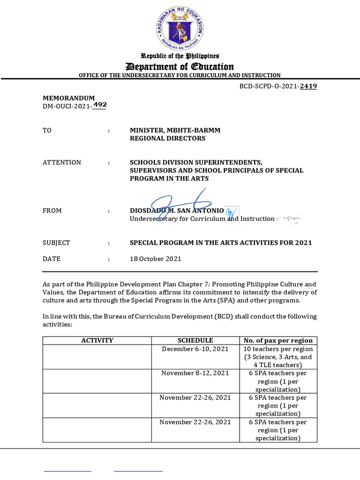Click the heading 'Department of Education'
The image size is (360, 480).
180,66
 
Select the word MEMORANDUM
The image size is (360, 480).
69,98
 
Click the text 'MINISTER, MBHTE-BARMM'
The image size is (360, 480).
175,130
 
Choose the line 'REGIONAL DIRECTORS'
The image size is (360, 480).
167,138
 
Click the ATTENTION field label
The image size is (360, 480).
62,163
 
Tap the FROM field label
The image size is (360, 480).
52,211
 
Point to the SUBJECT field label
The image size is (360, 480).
56,243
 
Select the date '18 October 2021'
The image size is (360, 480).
155,259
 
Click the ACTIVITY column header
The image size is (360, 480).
97,340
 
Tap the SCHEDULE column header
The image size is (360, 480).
195,340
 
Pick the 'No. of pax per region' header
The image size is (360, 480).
278,340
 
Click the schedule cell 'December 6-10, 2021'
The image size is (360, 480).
195,349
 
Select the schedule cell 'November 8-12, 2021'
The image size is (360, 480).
195,373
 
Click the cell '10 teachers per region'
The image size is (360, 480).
278,349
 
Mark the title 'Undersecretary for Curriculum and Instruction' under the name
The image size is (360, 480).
202,219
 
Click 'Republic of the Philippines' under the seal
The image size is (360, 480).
180,56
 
